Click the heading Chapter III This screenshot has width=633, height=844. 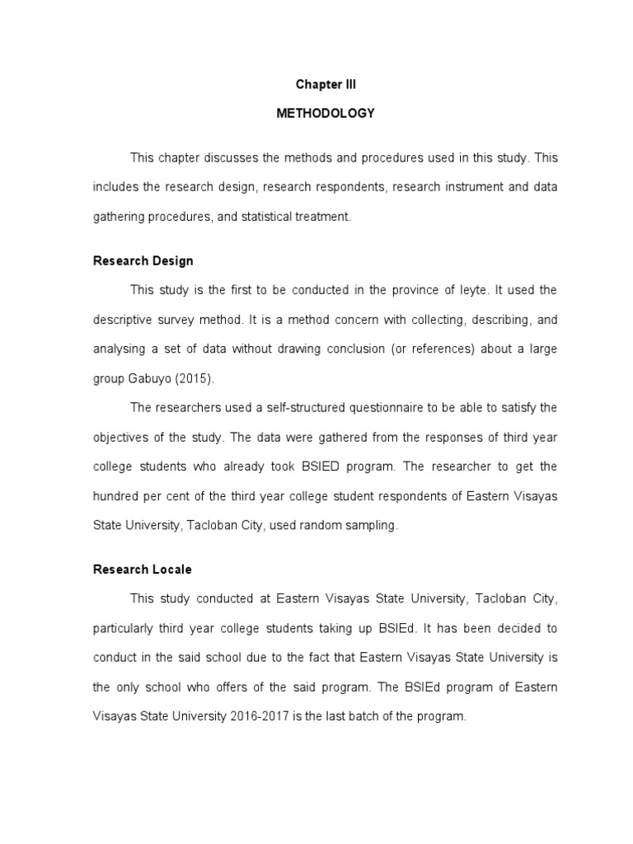click(x=326, y=85)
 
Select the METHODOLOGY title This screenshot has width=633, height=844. click(x=326, y=114)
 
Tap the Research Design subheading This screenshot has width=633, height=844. click(x=143, y=261)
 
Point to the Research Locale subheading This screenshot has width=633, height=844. click(x=143, y=570)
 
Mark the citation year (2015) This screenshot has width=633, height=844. click(x=195, y=379)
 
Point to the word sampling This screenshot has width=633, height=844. click(x=373, y=526)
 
